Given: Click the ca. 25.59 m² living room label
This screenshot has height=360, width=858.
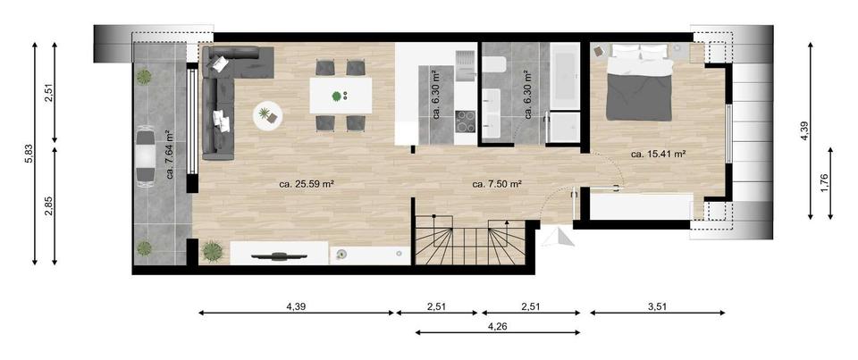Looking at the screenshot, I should tap(307, 185).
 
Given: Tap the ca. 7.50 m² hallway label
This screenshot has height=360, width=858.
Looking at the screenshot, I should tap(497, 185).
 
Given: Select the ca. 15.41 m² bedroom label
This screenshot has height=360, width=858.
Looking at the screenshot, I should tap(658, 154).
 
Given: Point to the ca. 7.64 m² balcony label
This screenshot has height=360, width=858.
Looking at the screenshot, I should tap(169, 155).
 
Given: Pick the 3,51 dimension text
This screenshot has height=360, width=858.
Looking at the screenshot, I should tap(656, 306).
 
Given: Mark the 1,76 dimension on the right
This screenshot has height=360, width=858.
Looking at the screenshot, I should tap(825, 181).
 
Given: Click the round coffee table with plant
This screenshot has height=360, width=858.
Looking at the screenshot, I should tap(266, 115).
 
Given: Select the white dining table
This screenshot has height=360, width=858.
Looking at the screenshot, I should tap(341, 96).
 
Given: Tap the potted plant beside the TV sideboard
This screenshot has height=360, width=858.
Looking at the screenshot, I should tap(211, 251).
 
